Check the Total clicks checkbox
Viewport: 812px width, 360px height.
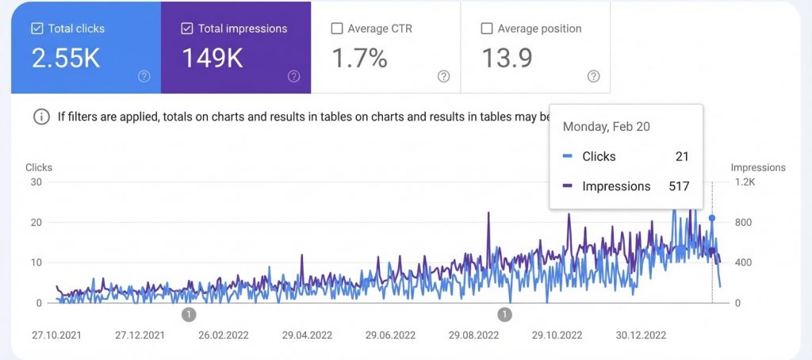[36, 29]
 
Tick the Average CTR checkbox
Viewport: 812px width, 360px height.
[336, 29]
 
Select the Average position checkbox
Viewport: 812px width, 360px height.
[487, 29]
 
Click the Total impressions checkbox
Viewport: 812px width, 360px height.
[187, 29]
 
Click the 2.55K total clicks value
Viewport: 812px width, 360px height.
[66, 59]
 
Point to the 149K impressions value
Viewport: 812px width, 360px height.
[213, 59]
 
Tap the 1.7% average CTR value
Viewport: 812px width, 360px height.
[359, 59]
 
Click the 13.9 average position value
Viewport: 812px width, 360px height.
[508, 59]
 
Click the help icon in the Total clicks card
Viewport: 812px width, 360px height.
[144, 76]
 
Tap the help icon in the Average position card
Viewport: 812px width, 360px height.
[594, 76]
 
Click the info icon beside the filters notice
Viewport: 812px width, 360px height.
[41, 117]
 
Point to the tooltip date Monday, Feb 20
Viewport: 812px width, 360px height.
[607, 127]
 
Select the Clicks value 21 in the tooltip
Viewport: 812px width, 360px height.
[682, 156]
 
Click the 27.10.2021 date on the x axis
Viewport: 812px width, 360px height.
[57, 335]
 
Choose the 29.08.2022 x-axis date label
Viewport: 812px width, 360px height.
[473, 335]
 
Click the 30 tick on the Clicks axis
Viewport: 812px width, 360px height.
[36, 182]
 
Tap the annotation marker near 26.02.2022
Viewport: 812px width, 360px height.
[189, 315]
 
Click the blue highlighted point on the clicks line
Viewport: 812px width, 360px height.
[712, 218]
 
